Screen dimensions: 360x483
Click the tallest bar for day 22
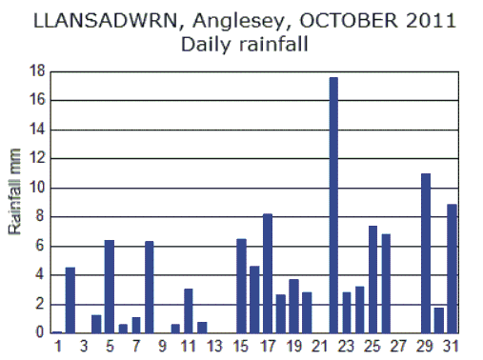point(333,205)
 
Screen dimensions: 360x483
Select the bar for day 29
point(426,253)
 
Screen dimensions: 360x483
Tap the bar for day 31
point(452,269)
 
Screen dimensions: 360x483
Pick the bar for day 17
point(268,273)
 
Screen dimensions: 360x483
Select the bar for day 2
point(70,300)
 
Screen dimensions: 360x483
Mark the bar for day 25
point(372,279)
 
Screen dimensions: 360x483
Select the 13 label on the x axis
point(215,348)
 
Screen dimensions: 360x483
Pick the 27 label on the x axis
point(399,348)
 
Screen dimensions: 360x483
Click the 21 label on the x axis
point(320,348)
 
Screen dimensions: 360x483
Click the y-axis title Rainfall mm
point(15,203)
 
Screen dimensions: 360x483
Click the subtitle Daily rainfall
point(241,44)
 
